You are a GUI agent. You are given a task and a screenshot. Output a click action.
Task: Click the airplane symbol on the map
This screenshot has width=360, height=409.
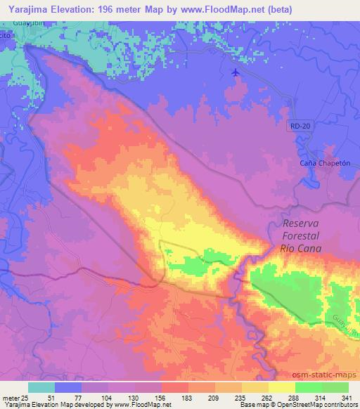pos(236,72)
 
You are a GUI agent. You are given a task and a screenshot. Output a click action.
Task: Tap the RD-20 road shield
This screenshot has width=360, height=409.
pos(298,125)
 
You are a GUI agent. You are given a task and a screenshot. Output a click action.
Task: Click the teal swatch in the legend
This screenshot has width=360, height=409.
pos(41,388)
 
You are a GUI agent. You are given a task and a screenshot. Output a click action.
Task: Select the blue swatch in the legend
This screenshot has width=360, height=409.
pos(68,388)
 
